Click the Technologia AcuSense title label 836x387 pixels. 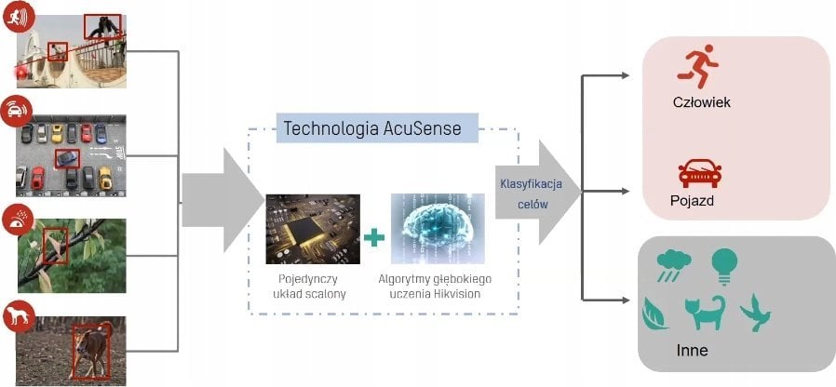click(x=372, y=128)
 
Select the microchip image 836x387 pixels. click(x=312, y=228)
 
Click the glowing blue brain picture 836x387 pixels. click(x=438, y=228)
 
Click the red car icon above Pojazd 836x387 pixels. click(x=699, y=173)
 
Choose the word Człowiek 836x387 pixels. click(x=700, y=101)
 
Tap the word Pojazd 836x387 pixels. click(x=692, y=201)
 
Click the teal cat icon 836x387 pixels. click(x=705, y=313)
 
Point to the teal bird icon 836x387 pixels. click(x=755, y=313)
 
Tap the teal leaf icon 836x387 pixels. click(x=655, y=313)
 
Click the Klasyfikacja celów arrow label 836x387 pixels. click(x=524, y=193)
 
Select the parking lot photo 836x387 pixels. click(x=71, y=155)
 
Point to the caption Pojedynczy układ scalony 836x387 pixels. click(x=312, y=285)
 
